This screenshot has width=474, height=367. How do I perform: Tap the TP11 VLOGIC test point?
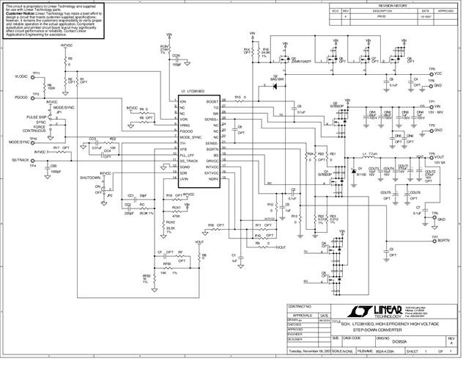click(x=40, y=77)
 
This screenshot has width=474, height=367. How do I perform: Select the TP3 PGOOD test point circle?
click(x=40, y=98)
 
